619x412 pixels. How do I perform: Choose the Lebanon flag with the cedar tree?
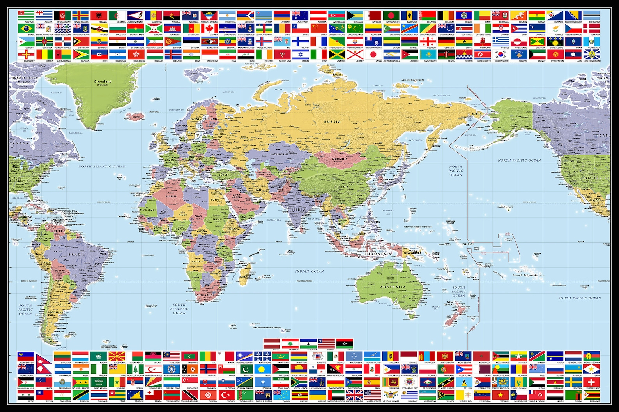[290, 343]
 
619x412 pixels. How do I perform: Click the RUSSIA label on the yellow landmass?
[332, 122]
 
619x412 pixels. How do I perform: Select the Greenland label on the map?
[103, 82]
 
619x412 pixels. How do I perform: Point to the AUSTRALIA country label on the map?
[393, 287]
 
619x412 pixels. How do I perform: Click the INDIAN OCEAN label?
[309, 271]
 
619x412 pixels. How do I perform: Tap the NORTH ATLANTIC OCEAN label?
[102, 167]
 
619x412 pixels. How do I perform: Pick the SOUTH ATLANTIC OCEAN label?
[179, 309]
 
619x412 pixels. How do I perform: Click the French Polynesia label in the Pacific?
[527, 275]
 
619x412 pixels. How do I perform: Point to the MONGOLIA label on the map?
[339, 159]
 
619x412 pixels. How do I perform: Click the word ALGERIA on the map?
[171, 196]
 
